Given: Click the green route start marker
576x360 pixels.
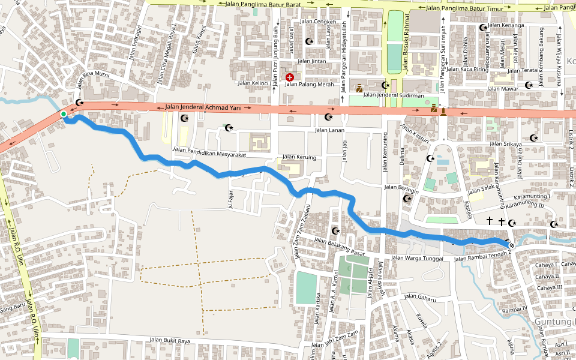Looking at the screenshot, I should tap(63, 114).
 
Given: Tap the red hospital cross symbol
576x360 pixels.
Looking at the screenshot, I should tap(290, 77).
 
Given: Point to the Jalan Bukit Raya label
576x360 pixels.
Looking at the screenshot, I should tap(170, 341).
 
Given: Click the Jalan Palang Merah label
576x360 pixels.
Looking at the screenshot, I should tap(309, 84).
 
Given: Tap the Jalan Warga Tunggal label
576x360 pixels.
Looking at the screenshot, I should tap(419, 259).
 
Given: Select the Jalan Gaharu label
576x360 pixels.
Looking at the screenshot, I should tap(419, 296).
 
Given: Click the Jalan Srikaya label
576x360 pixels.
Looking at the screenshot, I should tap(505, 144).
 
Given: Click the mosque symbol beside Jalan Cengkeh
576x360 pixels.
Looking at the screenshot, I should tap(310, 41).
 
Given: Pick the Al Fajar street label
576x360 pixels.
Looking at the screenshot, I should tap(229, 199).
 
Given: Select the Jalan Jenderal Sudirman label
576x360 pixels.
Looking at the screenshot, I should tap(394, 95).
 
